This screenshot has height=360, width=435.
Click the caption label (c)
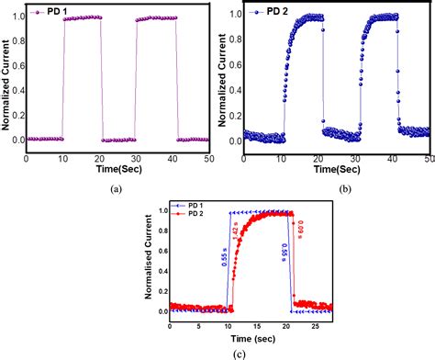219,354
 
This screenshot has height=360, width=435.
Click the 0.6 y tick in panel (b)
236,66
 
